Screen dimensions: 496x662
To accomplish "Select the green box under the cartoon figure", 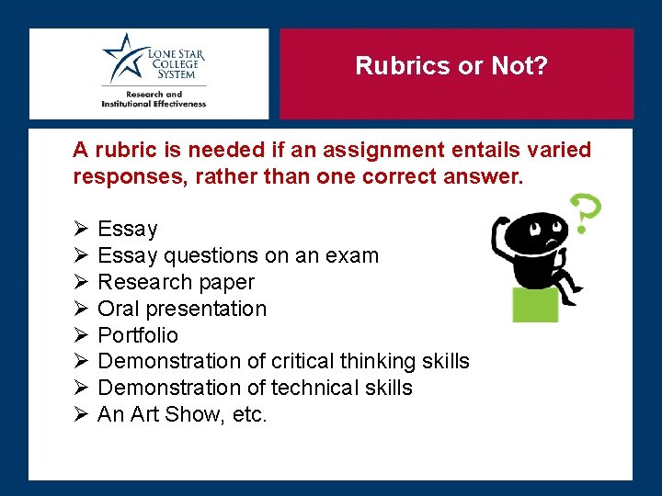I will (535, 302).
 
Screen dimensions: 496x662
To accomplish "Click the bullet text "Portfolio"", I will (138, 335).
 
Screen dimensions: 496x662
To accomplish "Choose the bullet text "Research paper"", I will (176, 282).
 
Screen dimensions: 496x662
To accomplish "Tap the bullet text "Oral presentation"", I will (182, 309).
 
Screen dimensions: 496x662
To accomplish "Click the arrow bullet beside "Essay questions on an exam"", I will (80, 255).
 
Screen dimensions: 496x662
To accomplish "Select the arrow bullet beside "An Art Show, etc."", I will (80, 415).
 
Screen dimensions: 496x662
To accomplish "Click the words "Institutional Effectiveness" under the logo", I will (154, 104).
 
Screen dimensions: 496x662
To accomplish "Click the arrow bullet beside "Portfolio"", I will (80, 335).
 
